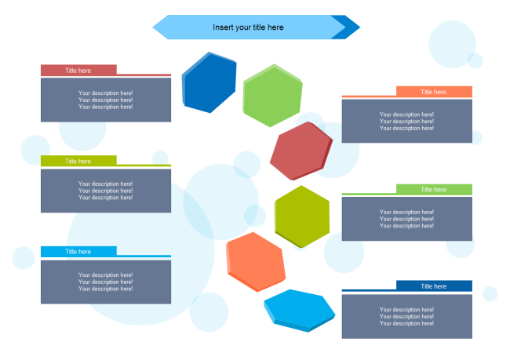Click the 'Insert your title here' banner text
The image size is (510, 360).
coord(248,27)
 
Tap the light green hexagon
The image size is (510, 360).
coord(272,95)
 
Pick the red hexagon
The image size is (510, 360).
coord(301,151)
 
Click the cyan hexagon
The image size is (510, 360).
coord(299,309)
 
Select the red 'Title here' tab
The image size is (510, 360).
coord(78,70)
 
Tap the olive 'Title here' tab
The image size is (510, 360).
coord(78,161)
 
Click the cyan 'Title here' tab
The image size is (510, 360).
coord(78,252)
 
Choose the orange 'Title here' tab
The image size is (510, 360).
coord(434,92)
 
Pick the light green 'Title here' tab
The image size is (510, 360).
coord(434,189)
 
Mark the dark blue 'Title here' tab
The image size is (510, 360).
coord(434,286)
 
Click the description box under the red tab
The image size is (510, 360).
coord(106,100)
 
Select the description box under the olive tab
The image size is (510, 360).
coord(106,191)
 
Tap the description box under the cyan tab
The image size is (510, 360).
coord(106,282)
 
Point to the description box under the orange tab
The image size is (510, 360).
coord(407,122)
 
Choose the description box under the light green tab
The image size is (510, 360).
coord(407,219)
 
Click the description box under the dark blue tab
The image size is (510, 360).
coord(407,316)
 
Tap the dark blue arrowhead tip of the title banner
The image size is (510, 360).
coord(351,27)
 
